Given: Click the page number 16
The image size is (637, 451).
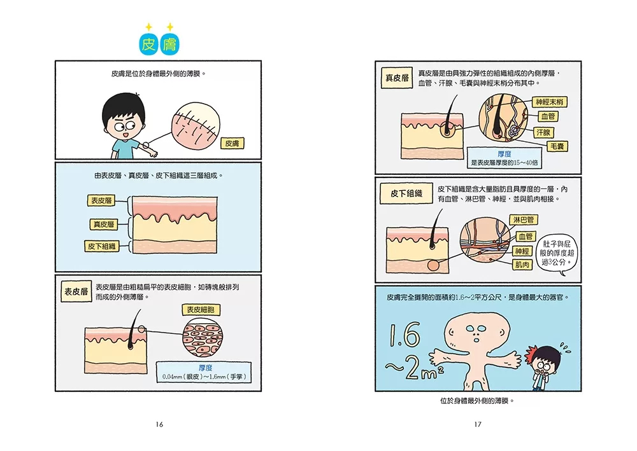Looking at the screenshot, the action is point(159,424).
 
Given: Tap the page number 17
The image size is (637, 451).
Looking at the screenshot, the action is point(478,424).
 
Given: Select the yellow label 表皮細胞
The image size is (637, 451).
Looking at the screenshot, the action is point(201,310).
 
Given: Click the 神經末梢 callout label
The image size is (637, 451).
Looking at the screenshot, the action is point(549,102).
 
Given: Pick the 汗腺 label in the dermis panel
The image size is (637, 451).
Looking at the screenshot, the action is point(543,132).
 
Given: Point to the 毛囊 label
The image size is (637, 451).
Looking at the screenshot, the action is point(557,146).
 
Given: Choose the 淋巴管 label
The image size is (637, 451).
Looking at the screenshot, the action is point(523,220).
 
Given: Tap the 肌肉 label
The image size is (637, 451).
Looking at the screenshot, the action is point(522,265).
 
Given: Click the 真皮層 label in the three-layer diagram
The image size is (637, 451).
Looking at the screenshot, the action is point(104,225).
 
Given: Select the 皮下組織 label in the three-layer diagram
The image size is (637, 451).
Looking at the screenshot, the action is point(101,246).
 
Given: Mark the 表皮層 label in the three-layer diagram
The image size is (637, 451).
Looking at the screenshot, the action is point(101,200).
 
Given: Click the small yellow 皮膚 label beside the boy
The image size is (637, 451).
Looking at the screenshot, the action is point(232,143).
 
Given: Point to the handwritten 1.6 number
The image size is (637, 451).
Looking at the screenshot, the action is point(404,335).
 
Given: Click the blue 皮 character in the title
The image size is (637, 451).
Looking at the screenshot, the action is point(148,44).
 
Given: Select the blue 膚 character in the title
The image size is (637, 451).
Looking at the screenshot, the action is point(169,44).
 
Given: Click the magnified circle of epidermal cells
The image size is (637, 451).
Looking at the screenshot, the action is point(203,337).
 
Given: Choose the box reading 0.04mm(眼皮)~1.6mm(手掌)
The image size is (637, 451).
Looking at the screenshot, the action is point(204,372).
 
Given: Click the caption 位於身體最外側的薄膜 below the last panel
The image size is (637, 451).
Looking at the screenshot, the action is point(477,401).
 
